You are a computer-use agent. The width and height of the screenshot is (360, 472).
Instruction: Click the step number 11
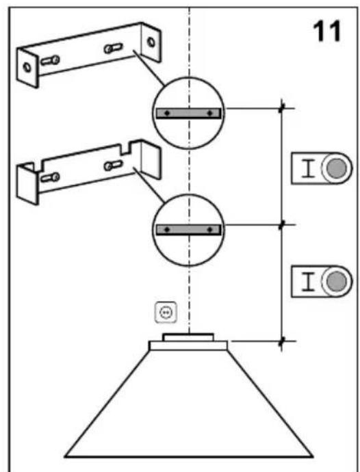click(x=326, y=31)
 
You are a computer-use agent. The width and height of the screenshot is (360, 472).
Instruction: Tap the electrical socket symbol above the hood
click(x=166, y=312)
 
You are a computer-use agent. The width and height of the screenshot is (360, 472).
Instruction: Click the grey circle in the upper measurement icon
click(x=336, y=168)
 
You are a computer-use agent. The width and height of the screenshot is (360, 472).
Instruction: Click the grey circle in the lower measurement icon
click(x=336, y=281)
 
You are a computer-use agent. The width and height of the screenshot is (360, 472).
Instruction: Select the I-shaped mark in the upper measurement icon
click(x=308, y=168)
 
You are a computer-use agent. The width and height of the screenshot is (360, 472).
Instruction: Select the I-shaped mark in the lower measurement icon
click(x=308, y=281)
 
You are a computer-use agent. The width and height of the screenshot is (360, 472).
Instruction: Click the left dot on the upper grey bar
click(x=168, y=113)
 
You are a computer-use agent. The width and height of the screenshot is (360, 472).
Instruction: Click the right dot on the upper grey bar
click(x=209, y=113)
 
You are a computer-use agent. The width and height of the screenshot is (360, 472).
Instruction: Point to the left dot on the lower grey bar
click(x=168, y=230)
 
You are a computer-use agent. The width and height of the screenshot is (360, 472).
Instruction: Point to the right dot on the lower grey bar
click(x=209, y=230)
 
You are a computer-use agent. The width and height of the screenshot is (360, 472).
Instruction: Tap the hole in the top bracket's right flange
click(x=151, y=42)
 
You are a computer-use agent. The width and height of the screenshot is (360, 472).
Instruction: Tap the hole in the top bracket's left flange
click(x=27, y=67)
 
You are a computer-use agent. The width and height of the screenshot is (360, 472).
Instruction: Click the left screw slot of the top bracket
click(x=50, y=61)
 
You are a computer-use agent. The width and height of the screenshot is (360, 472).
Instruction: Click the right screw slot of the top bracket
click(x=114, y=48)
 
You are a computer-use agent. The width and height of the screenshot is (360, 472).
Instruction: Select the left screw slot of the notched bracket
click(x=50, y=178)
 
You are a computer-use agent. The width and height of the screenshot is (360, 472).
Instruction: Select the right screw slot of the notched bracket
click(x=114, y=166)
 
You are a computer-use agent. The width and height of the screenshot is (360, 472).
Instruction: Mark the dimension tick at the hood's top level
click(x=282, y=341)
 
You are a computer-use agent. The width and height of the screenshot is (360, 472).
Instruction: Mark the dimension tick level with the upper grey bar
click(x=282, y=108)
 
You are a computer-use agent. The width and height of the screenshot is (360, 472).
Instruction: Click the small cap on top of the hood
click(x=188, y=337)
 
